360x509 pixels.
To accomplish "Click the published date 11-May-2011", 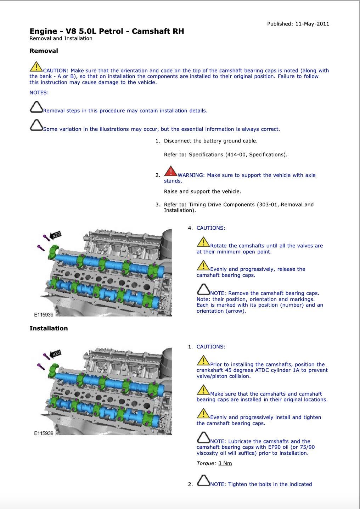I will tap(312, 24).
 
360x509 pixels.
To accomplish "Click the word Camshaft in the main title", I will tap(151, 31).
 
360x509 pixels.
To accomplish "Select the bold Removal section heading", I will tap(44, 51).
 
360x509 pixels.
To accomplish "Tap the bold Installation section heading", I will tap(49, 328).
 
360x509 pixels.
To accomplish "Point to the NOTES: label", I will tap(39, 93).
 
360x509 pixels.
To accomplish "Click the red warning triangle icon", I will tap(170, 172).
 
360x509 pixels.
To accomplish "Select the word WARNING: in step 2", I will tap(191, 175).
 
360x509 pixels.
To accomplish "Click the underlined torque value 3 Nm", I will tap(225, 463).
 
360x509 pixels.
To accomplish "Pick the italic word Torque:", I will tap(206, 463).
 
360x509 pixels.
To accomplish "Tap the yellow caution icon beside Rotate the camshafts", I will tap(203, 242).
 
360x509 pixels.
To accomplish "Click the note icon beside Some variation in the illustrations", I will tap(36, 125).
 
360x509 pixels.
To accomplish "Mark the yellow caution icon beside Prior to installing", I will tap(203, 361).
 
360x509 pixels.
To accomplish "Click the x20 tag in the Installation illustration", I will tap(56, 353).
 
